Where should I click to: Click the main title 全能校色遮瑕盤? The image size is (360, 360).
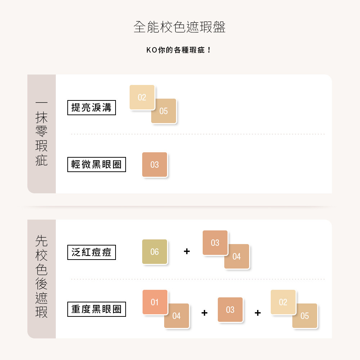pyautogui.click(x=180, y=27)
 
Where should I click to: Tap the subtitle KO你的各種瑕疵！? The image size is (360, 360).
pyautogui.click(x=179, y=50)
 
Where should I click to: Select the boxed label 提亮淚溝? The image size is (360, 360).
pyautogui.click(x=91, y=107)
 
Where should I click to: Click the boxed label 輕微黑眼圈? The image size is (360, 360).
pyautogui.click(x=96, y=165)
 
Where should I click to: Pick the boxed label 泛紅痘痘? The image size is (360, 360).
pyautogui.click(x=91, y=252)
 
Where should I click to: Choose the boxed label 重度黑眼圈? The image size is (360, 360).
pyautogui.click(x=96, y=309)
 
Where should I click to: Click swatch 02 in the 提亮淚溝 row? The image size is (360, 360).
pyautogui.click(x=142, y=97)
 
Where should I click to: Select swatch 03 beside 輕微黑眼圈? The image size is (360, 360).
pyautogui.click(x=154, y=165)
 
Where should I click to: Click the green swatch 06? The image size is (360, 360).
pyautogui.click(x=154, y=252)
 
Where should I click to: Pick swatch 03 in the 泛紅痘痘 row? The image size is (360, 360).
pyautogui.click(x=215, y=242)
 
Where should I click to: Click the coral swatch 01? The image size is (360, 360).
pyautogui.click(x=155, y=302)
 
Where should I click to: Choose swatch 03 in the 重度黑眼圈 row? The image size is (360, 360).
pyautogui.click(x=230, y=310)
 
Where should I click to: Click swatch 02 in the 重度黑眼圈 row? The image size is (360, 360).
pyautogui.click(x=283, y=302)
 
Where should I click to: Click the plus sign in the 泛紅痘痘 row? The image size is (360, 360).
pyautogui.click(x=187, y=251)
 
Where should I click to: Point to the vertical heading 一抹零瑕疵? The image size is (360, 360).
pyautogui.click(x=41, y=134)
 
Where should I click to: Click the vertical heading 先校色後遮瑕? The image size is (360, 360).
pyautogui.click(x=41, y=276)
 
